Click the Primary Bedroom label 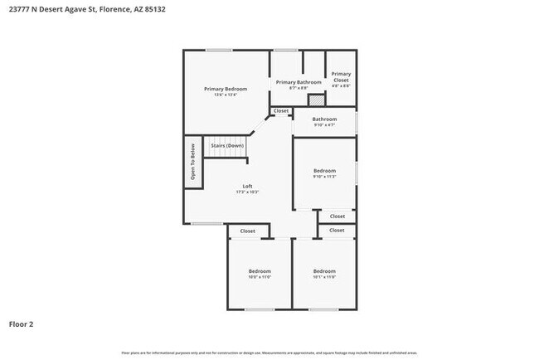click(x=226, y=89)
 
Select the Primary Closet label click(x=341, y=76)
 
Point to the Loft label click(x=247, y=186)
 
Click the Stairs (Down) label click(x=226, y=145)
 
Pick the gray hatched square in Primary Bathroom click(x=315, y=100)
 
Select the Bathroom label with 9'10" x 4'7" click(x=324, y=119)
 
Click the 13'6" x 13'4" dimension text click(x=226, y=95)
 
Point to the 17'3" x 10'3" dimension click(x=247, y=192)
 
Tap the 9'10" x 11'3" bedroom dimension click(x=324, y=176)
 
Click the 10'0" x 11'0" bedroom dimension click(x=260, y=277)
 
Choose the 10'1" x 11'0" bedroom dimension click(x=324, y=277)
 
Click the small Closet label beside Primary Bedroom click(x=281, y=110)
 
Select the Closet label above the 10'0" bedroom click(x=247, y=231)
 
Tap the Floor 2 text click(x=21, y=324)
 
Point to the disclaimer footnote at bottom click(x=269, y=352)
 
